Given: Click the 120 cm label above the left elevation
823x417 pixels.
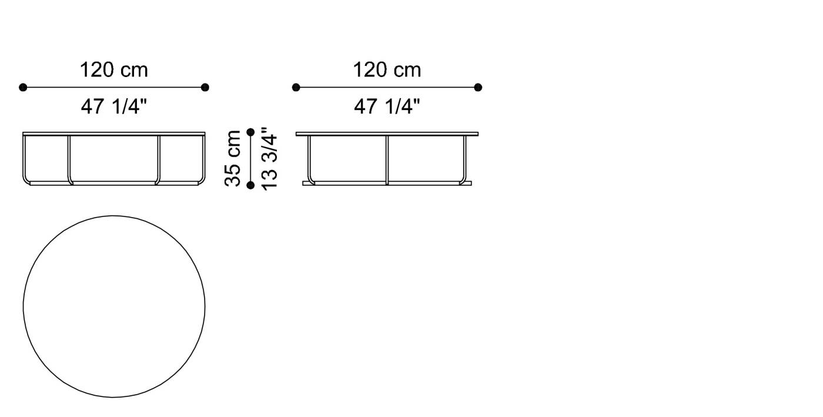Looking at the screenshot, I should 114,71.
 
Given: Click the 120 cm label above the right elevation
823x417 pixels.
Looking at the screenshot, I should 387,71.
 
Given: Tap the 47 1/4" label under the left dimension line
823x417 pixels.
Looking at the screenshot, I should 114,106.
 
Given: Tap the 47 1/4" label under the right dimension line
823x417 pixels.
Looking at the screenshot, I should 387,106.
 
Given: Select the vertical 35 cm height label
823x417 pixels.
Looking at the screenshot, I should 233,158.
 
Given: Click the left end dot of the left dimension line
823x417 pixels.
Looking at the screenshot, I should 23,88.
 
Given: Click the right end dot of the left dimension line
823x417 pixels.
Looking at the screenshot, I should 205,88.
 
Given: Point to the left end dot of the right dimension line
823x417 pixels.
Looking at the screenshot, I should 296,88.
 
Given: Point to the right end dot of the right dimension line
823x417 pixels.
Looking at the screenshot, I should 478,88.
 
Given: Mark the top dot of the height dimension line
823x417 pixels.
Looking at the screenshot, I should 250,132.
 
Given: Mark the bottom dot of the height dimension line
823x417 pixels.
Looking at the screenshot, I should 250,185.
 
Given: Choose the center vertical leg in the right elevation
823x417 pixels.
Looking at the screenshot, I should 387,159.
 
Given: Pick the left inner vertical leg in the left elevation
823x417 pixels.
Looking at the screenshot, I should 69,159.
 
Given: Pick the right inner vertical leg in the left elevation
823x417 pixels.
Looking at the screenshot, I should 159,159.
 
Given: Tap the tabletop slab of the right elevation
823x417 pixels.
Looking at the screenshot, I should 387,134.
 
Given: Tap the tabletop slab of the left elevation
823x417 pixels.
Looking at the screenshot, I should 114,134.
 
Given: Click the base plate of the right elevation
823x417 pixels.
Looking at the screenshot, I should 387,184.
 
